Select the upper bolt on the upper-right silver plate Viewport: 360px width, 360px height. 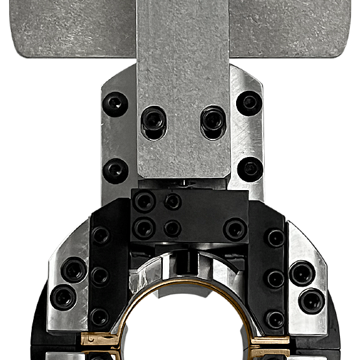[x=248, y=102]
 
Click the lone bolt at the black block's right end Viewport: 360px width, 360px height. [x=235, y=228]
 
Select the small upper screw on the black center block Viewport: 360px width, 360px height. [x=173, y=201]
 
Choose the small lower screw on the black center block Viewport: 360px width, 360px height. [x=172, y=228]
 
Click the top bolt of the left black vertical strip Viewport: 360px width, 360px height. [x=100, y=236]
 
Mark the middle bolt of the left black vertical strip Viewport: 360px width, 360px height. [x=100, y=276]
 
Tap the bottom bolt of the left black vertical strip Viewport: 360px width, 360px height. [x=99, y=317]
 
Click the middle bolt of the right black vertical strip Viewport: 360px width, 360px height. [x=276, y=278]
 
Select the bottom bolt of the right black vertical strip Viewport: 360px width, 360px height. [x=276, y=319]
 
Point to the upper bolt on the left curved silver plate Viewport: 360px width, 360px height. [x=73, y=269]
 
